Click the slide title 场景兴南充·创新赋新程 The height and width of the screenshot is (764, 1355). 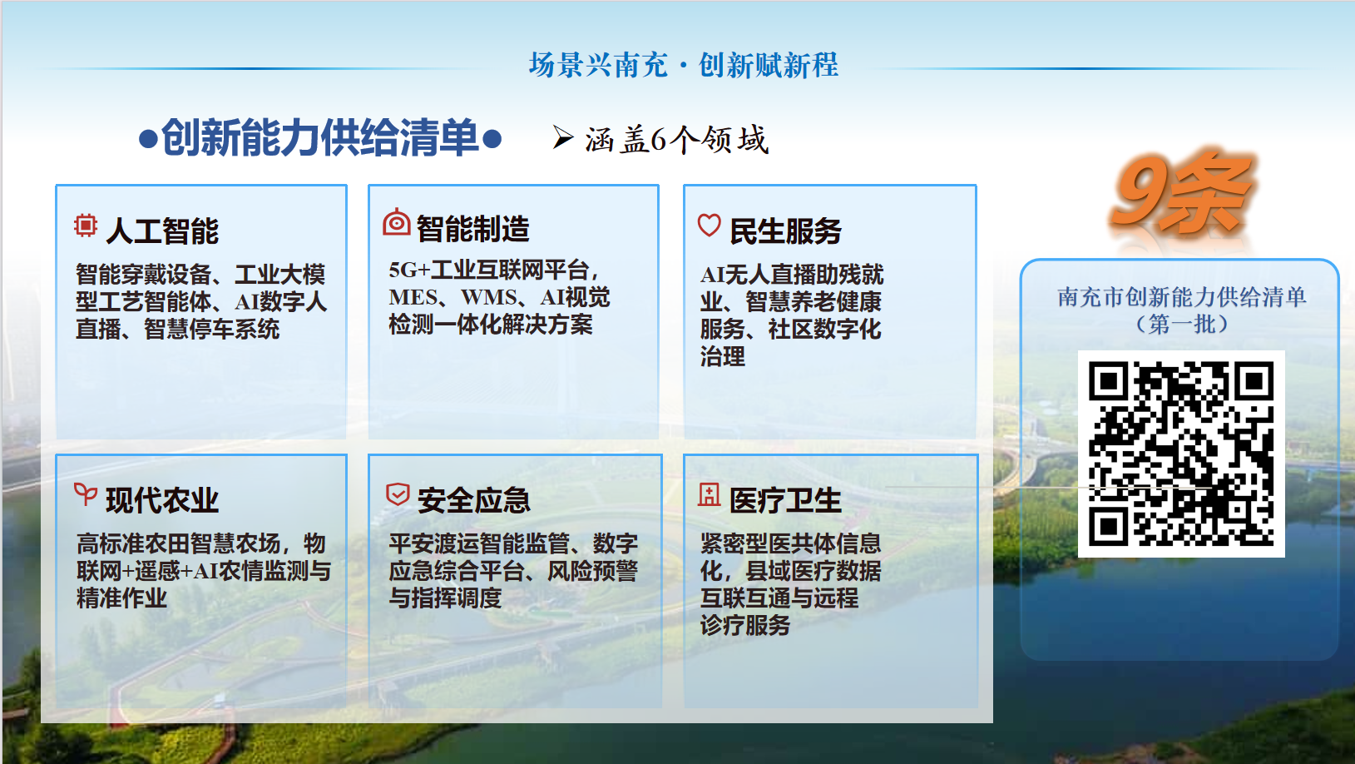[x=684, y=65]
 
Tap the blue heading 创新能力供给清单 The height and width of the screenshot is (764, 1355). [x=320, y=138]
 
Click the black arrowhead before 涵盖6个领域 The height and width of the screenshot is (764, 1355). [x=562, y=137]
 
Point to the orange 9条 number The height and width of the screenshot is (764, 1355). [x=1179, y=194]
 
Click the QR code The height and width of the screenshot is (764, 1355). [x=1181, y=454]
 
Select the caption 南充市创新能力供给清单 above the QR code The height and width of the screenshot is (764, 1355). [x=1181, y=296]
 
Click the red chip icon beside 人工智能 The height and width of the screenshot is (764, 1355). [x=86, y=226]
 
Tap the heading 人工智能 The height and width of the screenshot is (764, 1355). [x=162, y=231]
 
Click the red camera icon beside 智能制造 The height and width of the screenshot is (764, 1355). [x=396, y=222]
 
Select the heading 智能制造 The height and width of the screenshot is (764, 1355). [x=473, y=229]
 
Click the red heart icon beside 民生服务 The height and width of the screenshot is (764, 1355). [x=709, y=225]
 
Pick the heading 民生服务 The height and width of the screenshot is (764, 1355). [x=785, y=231]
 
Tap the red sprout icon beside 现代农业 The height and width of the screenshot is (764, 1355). [x=86, y=494]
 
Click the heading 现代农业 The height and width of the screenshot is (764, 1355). [x=162, y=500]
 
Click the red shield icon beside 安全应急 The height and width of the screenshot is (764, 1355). [x=398, y=494]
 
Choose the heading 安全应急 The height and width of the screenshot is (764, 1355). [x=473, y=500]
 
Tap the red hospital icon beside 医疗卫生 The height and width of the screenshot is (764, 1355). [x=709, y=494]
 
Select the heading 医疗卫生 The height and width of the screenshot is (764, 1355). [x=785, y=500]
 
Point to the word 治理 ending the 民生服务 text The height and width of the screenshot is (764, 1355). [x=723, y=356]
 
